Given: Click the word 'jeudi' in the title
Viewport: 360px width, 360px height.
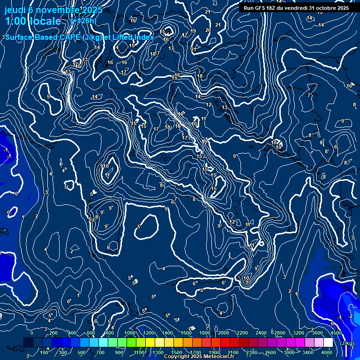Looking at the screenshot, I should [x=15, y=10].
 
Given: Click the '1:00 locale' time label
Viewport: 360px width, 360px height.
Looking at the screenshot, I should [x=33, y=21].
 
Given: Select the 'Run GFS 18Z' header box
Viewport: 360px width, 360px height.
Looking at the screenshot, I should [x=296, y=8].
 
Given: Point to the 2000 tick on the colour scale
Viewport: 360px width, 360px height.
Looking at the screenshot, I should [x=224, y=332].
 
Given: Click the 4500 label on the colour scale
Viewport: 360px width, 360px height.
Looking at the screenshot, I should [x=336, y=332].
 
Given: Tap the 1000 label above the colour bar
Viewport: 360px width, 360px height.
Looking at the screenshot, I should [x=130, y=332].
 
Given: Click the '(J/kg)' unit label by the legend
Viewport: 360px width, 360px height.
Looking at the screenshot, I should [x=347, y=343].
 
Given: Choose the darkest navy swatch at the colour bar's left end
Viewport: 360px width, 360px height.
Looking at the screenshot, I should [x=28, y=343].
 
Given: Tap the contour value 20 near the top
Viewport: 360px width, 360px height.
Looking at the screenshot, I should [x=208, y=30].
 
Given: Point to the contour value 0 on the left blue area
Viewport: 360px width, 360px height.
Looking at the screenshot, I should [x=16, y=193].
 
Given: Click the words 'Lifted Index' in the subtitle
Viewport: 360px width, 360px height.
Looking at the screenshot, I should [x=134, y=37].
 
